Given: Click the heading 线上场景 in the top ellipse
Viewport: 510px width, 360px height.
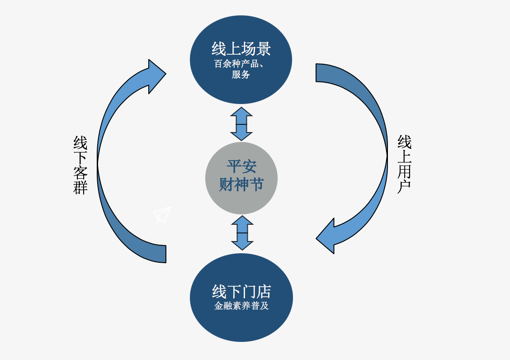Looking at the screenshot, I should click(x=241, y=49).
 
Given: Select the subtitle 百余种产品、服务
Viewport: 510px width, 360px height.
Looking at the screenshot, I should click(x=240, y=69).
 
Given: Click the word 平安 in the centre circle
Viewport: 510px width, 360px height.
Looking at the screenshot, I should click(x=241, y=166).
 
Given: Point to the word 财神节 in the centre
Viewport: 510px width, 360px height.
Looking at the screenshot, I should click(x=241, y=184).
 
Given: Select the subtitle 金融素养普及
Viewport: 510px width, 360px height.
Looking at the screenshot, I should click(x=241, y=306).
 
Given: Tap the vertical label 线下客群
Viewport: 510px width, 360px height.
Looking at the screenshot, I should click(x=80, y=165).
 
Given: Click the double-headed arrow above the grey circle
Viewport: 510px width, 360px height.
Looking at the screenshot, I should click(x=241, y=124).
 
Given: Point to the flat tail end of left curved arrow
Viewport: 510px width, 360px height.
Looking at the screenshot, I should click(x=162, y=254).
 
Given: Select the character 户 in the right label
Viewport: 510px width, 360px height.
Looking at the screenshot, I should click(x=404, y=186).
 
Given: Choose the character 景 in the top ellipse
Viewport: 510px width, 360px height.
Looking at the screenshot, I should click(x=263, y=49).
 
